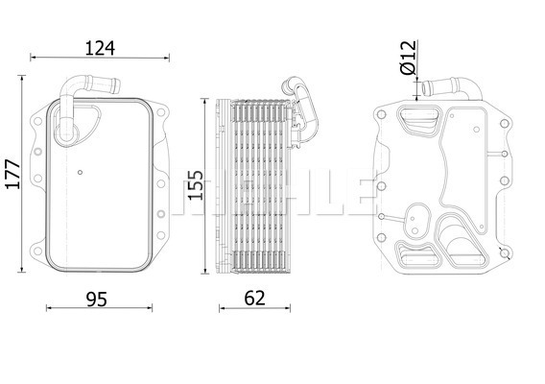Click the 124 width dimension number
pyautogui.click(x=100, y=48)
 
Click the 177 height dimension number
pyautogui.click(x=13, y=175)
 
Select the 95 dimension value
pyautogui.click(x=97, y=300)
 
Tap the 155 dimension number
pyautogui.click(x=196, y=185)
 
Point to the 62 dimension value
pyautogui.click(x=254, y=299)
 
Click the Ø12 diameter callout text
pyautogui.click(x=408, y=58)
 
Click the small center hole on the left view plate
pyautogui.click(x=80, y=172)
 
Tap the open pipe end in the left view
pyautogui.click(x=116, y=85)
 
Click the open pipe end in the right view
pyautogui.click(x=425, y=88)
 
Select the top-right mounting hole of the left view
pyautogui.click(x=160, y=112)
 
